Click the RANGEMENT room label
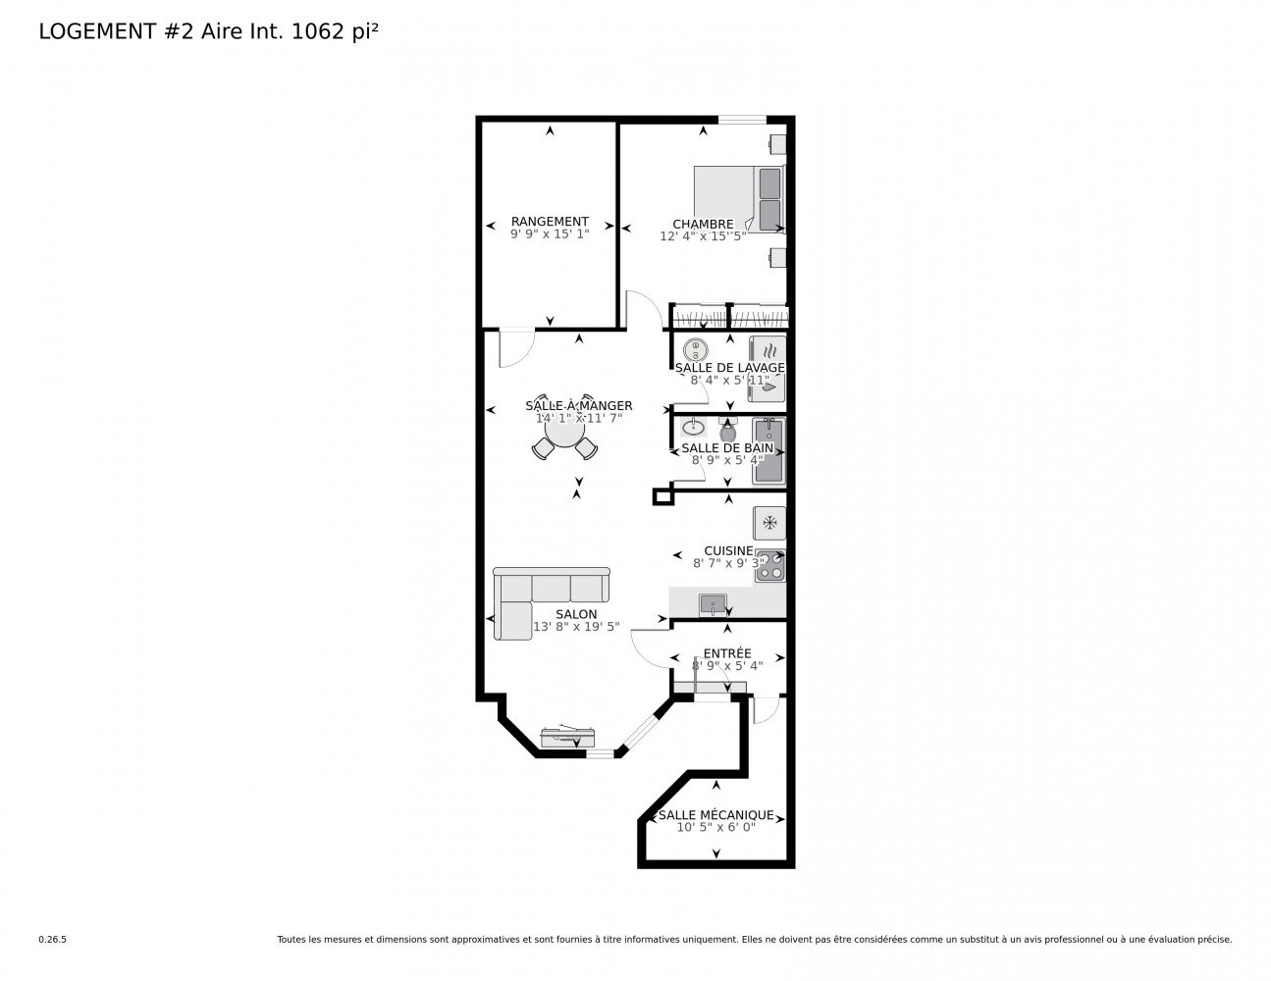550,222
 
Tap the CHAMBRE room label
703,224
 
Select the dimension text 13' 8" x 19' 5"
576,627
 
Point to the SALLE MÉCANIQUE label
715,815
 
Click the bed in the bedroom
738,199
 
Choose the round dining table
564,432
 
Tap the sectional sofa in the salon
551,602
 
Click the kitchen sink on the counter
713,605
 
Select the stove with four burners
769,565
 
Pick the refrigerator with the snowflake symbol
769,523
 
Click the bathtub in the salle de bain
768,450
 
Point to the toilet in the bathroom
727,430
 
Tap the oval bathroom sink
693,428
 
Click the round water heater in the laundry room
696,350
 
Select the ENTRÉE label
727,653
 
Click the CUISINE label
728,550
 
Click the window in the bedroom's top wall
742,120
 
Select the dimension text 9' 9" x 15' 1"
550,234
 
